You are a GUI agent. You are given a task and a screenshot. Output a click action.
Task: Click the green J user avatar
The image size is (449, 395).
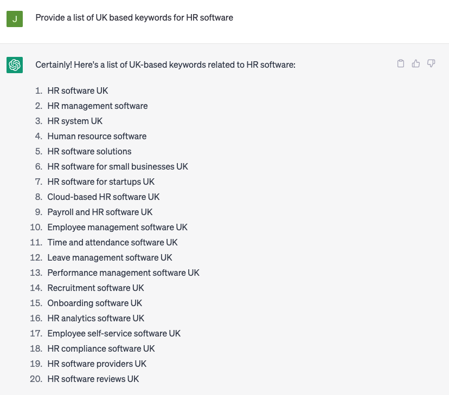click(15, 19)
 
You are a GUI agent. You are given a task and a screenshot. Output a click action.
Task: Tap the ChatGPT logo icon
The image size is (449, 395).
click(15, 65)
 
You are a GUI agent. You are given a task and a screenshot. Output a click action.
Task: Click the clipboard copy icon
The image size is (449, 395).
click(401, 64)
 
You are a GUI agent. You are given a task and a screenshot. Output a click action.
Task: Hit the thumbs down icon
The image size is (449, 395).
click(431, 64)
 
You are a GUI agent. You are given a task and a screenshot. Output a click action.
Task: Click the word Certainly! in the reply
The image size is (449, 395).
click(54, 65)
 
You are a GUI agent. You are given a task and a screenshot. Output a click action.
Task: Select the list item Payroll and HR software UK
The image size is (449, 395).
click(100, 212)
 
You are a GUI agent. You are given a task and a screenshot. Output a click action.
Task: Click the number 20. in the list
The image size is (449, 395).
click(36, 379)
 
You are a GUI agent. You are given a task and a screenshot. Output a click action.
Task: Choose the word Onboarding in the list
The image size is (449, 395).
click(69, 303)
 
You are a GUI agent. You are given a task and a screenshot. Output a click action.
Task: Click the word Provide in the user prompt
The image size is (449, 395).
click(50, 18)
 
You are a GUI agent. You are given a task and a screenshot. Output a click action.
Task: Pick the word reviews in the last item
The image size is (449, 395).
click(110, 379)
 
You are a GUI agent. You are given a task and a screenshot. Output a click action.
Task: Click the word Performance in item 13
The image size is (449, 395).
click(72, 273)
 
